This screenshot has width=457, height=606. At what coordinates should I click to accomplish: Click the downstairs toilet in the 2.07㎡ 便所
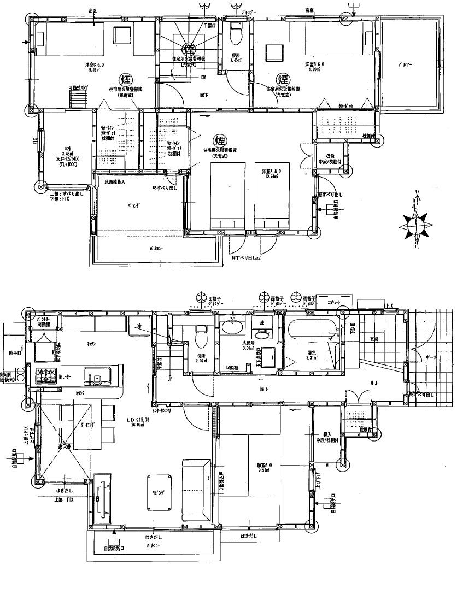tap(200, 339)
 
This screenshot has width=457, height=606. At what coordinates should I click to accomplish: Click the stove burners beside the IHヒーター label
tap(45, 376)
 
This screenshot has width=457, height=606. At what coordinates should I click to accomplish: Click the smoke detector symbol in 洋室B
tap(283, 80)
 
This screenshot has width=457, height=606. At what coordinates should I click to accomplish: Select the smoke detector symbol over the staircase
tap(189, 49)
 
